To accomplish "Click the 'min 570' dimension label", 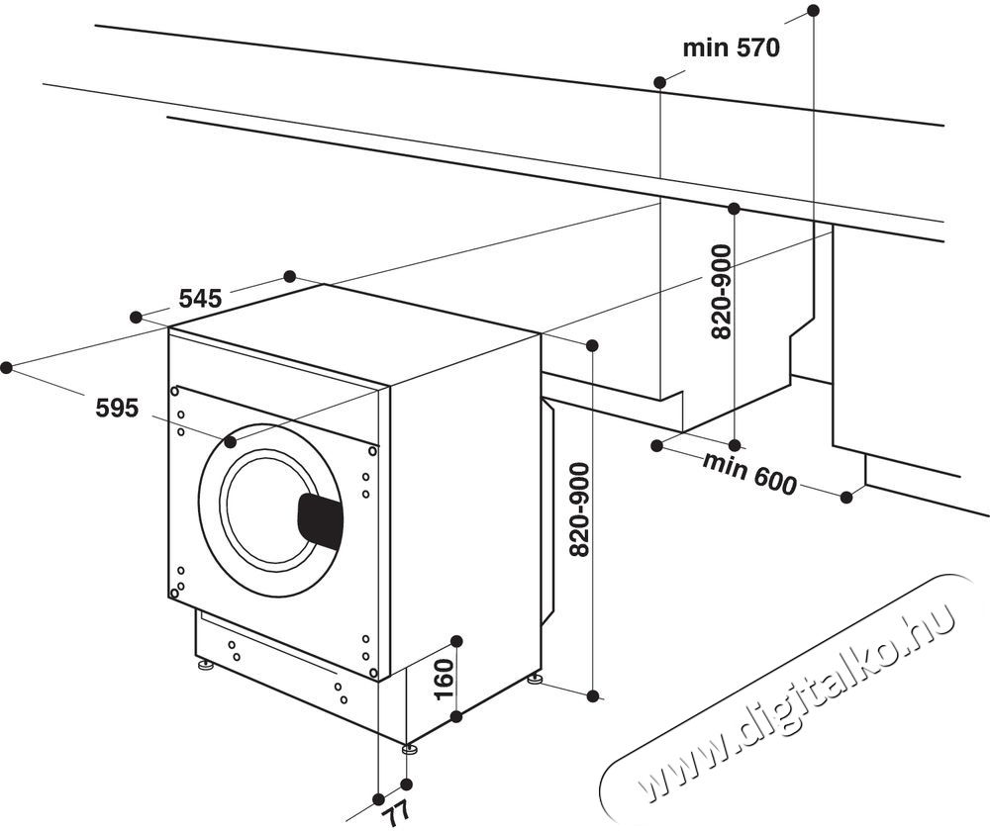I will click(731, 46).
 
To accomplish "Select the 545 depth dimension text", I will click(200, 297).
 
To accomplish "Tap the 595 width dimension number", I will click(117, 408).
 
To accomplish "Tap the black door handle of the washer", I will click(319, 519).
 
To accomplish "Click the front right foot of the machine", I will click(408, 748).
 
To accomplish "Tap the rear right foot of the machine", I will click(535, 679).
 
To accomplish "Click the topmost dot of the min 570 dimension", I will click(814, 10).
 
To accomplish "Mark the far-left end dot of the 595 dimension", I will click(7, 367).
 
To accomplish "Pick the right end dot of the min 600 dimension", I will click(846, 497).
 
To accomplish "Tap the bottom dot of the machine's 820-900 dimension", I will click(592, 696).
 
